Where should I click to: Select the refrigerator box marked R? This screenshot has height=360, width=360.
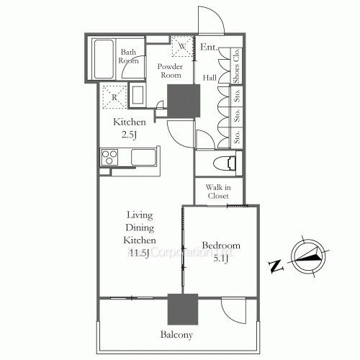click(x=113, y=95)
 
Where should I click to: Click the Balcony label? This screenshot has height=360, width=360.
click(x=176, y=335)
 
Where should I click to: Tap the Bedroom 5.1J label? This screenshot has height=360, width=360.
click(x=220, y=252)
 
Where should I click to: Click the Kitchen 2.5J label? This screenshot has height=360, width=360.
click(x=129, y=128)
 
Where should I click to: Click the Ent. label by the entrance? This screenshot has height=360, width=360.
click(x=209, y=48)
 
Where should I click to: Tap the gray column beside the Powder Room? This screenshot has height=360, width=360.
click(x=183, y=100)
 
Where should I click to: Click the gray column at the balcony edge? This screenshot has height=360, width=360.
click(x=182, y=310)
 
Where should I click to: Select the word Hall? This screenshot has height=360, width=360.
click(x=210, y=78)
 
